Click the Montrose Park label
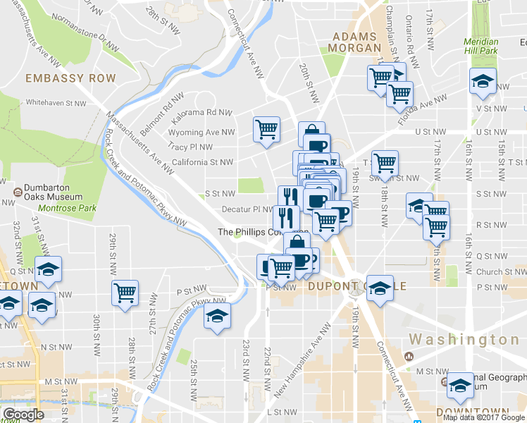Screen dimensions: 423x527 click(x=67, y=209)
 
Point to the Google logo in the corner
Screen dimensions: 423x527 click(x=23, y=415)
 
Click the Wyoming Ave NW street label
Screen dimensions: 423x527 click(x=201, y=132)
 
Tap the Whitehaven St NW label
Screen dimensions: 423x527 click(x=56, y=102)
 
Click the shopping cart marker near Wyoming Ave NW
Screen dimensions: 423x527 click(x=266, y=130)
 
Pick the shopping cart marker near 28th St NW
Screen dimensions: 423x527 click(x=125, y=293)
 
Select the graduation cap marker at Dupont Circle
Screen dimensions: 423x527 click(x=380, y=288)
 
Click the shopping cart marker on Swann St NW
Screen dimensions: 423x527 click(x=385, y=164)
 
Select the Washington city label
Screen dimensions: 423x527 click(x=464, y=340)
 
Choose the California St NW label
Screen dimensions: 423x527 click(x=202, y=162)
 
